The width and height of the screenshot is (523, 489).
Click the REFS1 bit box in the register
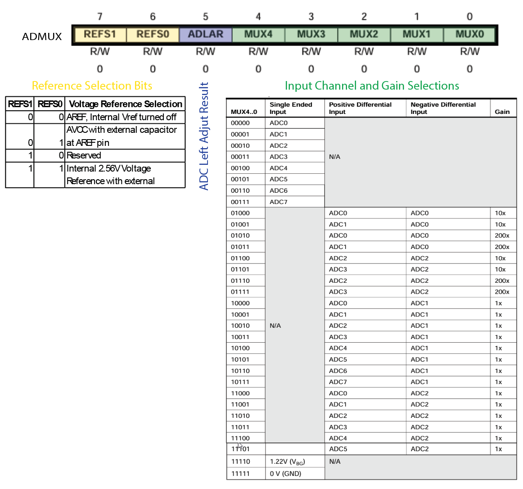[100, 34]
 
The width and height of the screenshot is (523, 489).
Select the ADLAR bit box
[206, 34]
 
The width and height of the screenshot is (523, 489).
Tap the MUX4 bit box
[258, 34]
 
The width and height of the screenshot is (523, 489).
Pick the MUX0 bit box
[469, 34]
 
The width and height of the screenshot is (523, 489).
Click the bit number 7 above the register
[100, 17]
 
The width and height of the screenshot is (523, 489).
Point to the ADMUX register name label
[42, 36]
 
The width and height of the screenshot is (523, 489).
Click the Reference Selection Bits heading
[92, 86]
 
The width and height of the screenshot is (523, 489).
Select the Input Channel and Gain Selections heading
[372, 86]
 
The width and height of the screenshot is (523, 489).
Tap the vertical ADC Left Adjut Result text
[204, 136]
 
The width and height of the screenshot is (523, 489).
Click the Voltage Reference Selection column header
[126, 104]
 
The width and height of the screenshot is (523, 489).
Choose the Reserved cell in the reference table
[84, 155]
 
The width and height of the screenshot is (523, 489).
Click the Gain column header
[502, 112]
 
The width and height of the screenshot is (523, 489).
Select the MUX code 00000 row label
[240, 123]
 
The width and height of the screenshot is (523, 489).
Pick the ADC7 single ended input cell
[279, 202]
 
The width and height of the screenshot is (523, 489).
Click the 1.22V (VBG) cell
[287, 462]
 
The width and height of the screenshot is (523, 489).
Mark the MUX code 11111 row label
[240, 474]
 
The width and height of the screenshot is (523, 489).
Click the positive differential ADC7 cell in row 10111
[338, 382]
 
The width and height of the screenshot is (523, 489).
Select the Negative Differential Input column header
[443, 108]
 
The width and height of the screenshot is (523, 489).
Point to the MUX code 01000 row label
[240, 213]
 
